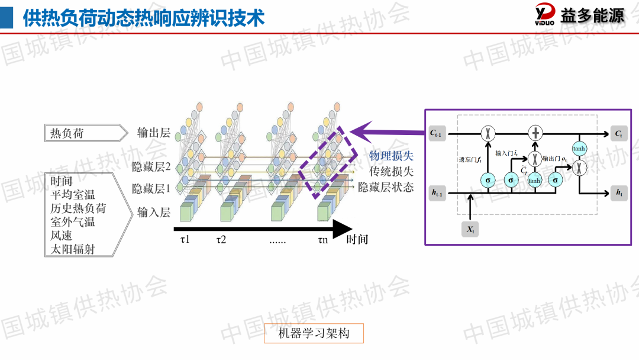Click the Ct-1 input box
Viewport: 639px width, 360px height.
[437, 134]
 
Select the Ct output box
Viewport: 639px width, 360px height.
[618, 134]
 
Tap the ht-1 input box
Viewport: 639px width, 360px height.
[437, 192]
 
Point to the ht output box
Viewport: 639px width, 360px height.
[619, 192]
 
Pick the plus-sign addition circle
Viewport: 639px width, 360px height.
[535, 133]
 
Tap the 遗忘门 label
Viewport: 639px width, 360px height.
[471, 159]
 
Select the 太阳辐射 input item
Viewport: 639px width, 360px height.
[72, 249]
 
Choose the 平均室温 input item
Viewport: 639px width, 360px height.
[72, 195]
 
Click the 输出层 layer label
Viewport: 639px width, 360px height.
[154, 133]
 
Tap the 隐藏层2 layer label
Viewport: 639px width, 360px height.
[151, 168]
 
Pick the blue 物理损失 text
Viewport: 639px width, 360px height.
[391, 156]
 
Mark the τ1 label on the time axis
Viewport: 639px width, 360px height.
[186, 240]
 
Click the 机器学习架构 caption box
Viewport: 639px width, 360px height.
[314, 333]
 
